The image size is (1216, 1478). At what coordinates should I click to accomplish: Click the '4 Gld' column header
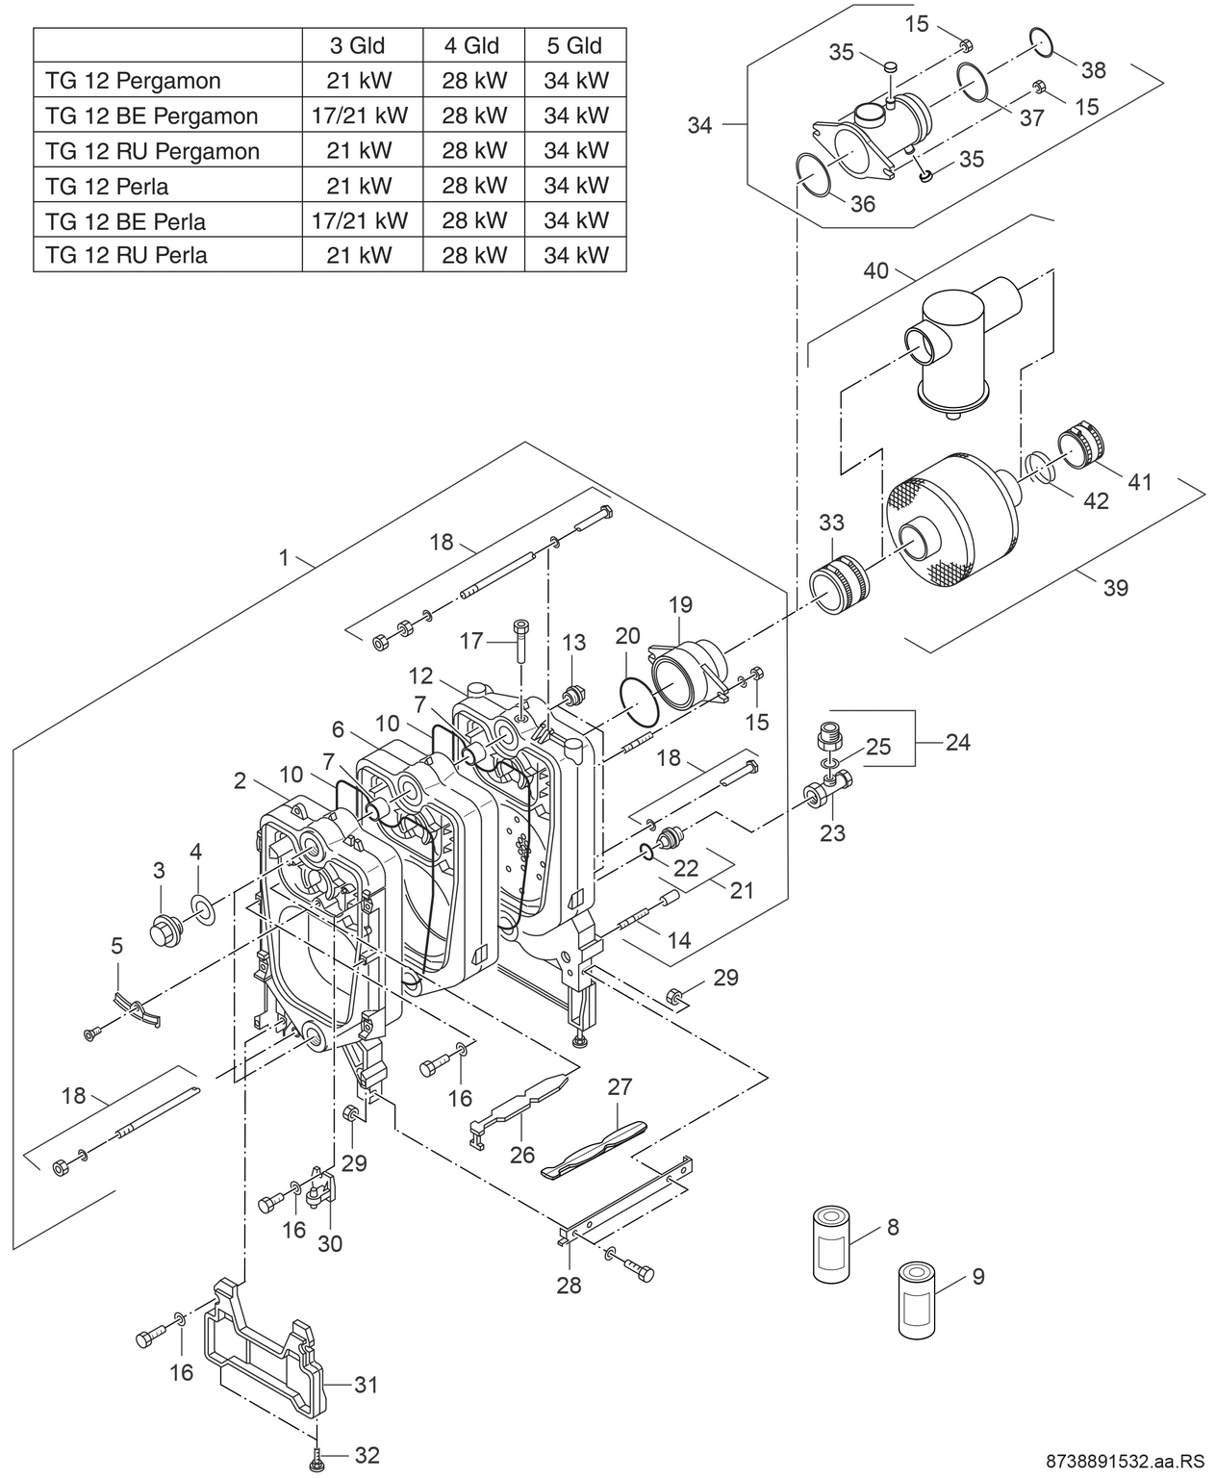471,45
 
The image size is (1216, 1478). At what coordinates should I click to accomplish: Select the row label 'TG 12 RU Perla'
126,256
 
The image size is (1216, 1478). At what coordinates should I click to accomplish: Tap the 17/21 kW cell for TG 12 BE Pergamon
360,115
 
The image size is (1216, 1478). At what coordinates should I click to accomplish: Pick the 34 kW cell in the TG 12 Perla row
575,186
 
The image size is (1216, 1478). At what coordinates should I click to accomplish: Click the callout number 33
831,522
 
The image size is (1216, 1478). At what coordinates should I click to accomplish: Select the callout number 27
620,1087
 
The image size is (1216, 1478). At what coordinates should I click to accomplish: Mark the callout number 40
875,271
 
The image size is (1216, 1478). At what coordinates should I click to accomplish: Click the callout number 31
366,1386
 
